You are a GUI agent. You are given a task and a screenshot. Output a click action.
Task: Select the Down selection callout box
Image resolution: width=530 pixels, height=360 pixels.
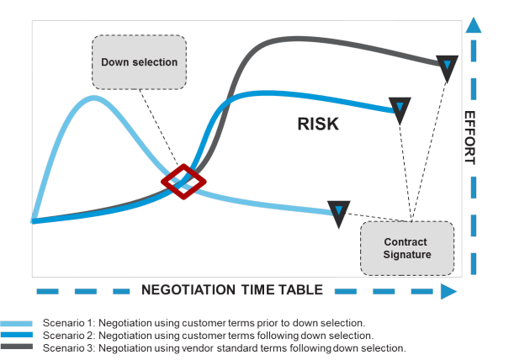click(139, 62)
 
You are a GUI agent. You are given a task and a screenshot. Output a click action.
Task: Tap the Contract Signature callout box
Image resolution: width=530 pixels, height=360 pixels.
click(407, 248)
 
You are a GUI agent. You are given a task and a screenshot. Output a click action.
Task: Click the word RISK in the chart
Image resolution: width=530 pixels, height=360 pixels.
click(318, 124)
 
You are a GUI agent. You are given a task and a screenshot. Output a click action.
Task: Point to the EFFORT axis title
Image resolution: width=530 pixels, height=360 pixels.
click(469, 138)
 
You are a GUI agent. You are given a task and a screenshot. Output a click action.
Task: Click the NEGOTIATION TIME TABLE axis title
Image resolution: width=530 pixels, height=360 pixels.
click(232, 290)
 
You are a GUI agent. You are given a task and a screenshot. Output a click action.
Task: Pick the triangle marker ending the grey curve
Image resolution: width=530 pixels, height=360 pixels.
click(447, 67)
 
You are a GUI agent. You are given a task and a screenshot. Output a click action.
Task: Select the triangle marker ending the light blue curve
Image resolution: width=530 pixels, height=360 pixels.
click(339, 213)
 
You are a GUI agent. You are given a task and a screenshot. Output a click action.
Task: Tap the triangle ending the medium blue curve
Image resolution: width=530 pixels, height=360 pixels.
click(400, 110)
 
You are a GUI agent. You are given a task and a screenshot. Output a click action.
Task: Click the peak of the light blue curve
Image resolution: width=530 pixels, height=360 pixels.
click(93, 98)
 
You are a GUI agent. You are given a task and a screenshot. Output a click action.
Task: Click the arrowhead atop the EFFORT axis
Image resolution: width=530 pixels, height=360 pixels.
click(473, 25)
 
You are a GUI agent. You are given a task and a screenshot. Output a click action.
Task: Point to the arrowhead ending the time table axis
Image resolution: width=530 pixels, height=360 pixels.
click(449, 291)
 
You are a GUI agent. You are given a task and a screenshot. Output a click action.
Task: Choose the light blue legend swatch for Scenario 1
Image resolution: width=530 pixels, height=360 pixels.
click(17, 324)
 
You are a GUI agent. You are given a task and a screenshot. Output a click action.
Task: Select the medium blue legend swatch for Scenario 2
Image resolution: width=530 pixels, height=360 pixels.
click(17, 335)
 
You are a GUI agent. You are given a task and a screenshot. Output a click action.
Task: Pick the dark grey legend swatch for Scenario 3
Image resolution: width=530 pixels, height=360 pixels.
click(17, 347)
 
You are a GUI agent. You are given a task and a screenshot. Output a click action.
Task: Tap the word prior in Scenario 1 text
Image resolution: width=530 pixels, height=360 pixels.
click(268, 323)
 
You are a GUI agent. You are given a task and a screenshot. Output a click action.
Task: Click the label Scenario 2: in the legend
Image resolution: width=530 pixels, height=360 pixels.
click(69, 336)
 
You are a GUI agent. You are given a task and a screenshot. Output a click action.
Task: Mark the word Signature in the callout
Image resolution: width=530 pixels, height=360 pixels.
click(407, 255)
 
